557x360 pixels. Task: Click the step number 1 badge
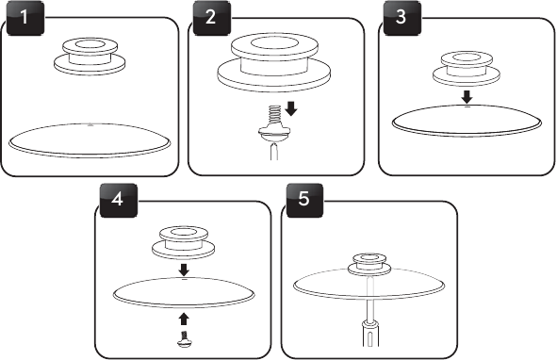25,18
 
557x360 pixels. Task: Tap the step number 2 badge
212,18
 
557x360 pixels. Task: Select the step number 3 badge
402,18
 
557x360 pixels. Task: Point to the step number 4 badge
119,200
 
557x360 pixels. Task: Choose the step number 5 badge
304,200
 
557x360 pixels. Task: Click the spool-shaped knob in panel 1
90,57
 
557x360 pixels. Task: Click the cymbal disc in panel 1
90,140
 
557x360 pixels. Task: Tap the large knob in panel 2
274,62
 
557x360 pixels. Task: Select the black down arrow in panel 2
291,108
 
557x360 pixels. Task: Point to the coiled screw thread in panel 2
274,116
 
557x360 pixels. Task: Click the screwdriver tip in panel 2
274,151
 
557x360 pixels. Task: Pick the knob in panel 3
467,69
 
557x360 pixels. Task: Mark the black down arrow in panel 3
467,97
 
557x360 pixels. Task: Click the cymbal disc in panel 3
467,121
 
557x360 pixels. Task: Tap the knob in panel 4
183,241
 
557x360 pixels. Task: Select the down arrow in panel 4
184,270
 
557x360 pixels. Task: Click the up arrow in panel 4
183,319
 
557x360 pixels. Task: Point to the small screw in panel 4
185,339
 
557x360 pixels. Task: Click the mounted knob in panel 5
369,265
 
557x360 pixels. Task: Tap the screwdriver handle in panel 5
369,334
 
